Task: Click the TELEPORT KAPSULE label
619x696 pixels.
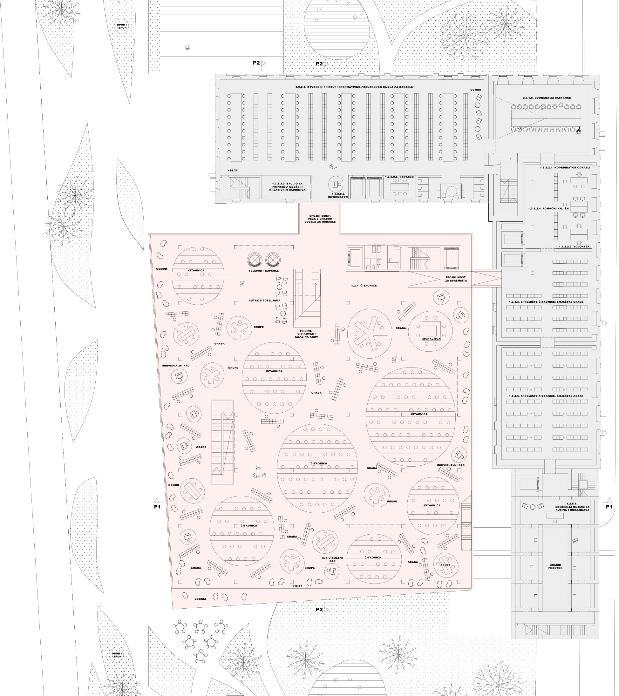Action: point(263,271)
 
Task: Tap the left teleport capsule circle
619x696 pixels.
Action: point(255,260)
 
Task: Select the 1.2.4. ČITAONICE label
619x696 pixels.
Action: point(364,285)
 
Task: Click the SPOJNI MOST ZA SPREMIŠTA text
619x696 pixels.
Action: point(455,279)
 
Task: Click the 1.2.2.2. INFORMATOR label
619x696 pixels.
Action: point(338,195)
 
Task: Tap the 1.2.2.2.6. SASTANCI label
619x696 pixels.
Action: point(400,177)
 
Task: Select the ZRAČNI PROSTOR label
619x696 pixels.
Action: point(555,566)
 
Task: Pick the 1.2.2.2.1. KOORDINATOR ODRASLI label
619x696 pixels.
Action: point(565,167)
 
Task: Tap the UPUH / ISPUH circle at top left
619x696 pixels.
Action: point(122,26)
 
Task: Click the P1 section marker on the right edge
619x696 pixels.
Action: point(609,506)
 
